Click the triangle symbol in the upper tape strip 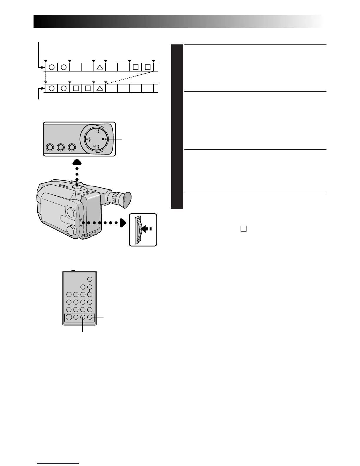[x=100, y=67]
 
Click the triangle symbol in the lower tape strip [x=100, y=88]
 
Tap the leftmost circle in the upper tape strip [x=51, y=67]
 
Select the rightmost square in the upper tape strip [x=148, y=67]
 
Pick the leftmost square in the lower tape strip [x=76, y=88]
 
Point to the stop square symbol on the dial [x=104, y=139]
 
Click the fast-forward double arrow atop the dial [x=98, y=132]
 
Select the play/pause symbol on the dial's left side [x=89, y=139]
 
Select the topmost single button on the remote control [x=90, y=279]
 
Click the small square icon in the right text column [x=243, y=229]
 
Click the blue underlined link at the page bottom [x=59, y=464]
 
